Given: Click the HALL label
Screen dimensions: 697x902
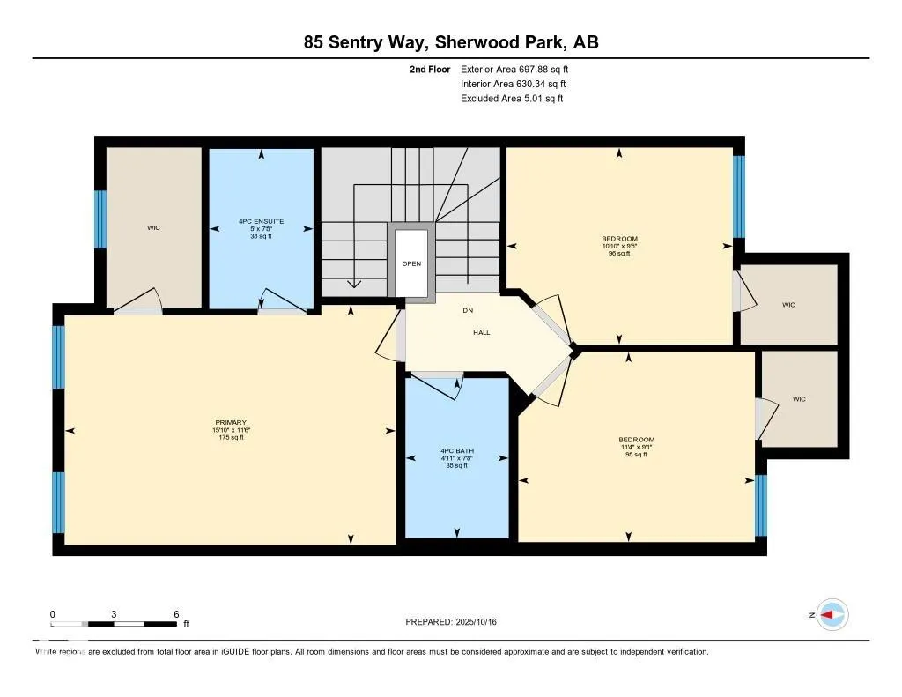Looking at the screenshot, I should (482, 332).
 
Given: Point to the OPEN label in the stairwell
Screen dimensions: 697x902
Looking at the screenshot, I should (411, 263).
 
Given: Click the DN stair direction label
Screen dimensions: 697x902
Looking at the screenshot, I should (468, 310).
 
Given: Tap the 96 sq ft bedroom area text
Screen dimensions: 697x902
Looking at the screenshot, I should (619, 254).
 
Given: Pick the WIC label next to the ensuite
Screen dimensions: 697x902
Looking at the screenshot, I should (153, 228).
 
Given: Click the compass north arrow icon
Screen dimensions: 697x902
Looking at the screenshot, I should (832, 615).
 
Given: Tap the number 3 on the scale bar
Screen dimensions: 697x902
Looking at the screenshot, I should (115, 614).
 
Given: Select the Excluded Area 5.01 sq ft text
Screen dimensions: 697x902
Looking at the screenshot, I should (512, 99).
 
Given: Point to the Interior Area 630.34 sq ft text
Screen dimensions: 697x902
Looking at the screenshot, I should (513, 84).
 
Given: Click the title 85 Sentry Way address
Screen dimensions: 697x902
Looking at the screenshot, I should (451, 42).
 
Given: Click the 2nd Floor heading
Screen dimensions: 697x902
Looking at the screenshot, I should (430, 69).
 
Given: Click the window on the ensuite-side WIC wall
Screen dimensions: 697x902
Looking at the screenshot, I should (100, 228).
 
